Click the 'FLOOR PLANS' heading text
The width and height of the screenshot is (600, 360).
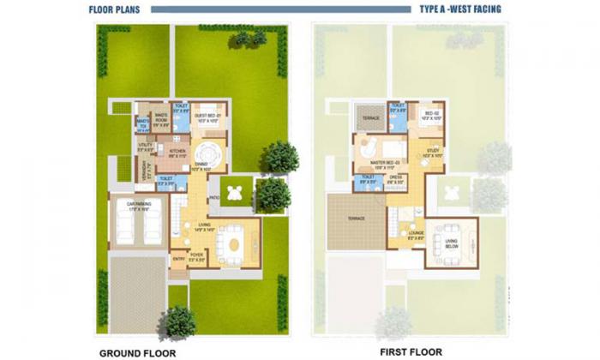click(115, 10)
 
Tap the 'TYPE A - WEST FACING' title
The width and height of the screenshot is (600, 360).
click(460, 10)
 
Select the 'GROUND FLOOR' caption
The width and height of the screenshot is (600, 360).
click(138, 352)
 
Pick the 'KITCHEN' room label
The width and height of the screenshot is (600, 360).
click(177, 154)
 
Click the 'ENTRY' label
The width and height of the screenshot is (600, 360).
click(178, 256)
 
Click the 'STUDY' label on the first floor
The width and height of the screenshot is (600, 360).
click(433, 154)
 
